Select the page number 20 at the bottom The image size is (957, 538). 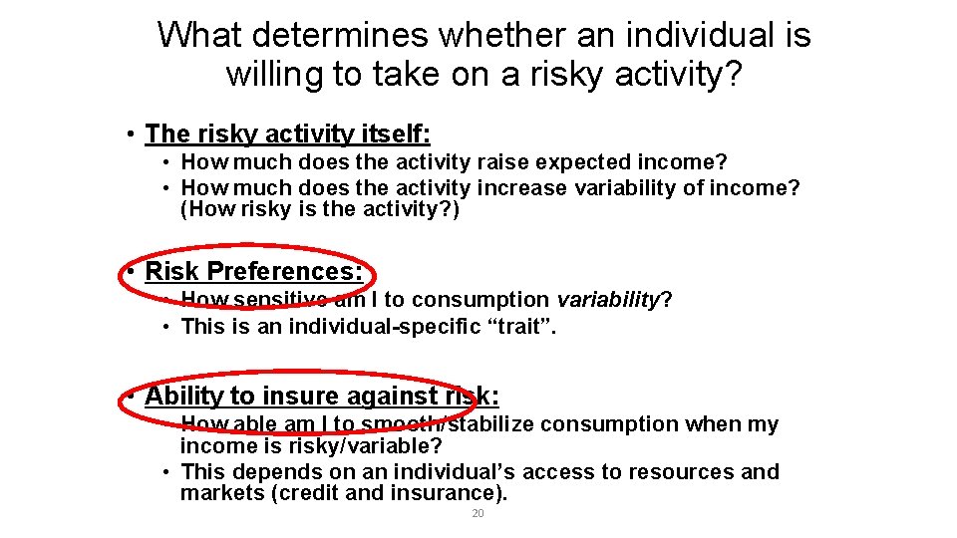[x=478, y=513]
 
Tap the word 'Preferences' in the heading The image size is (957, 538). [x=288, y=271]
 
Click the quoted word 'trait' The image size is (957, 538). [x=518, y=325]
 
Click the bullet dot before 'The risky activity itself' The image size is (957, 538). [x=131, y=134]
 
